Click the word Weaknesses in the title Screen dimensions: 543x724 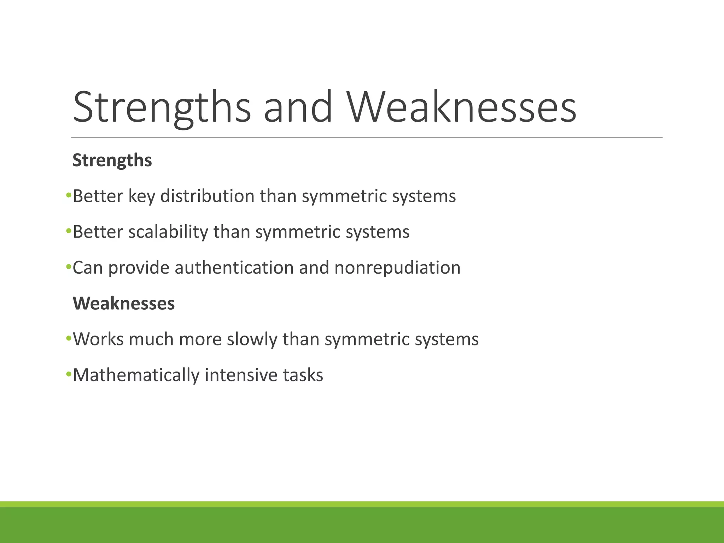click(461, 107)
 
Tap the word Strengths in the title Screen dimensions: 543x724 click(162, 107)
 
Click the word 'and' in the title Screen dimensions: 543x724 click(298, 107)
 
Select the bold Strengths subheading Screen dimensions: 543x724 click(112, 160)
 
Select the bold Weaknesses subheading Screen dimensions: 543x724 click(124, 303)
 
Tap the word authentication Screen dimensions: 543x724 click(234, 268)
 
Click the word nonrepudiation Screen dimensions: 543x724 click(397, 268)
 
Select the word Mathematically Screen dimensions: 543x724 click(136, 375)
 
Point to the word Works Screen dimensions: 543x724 click(98, 339)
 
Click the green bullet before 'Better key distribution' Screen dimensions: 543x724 click(69, 195)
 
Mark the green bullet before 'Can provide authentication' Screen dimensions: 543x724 click(69, 267)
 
